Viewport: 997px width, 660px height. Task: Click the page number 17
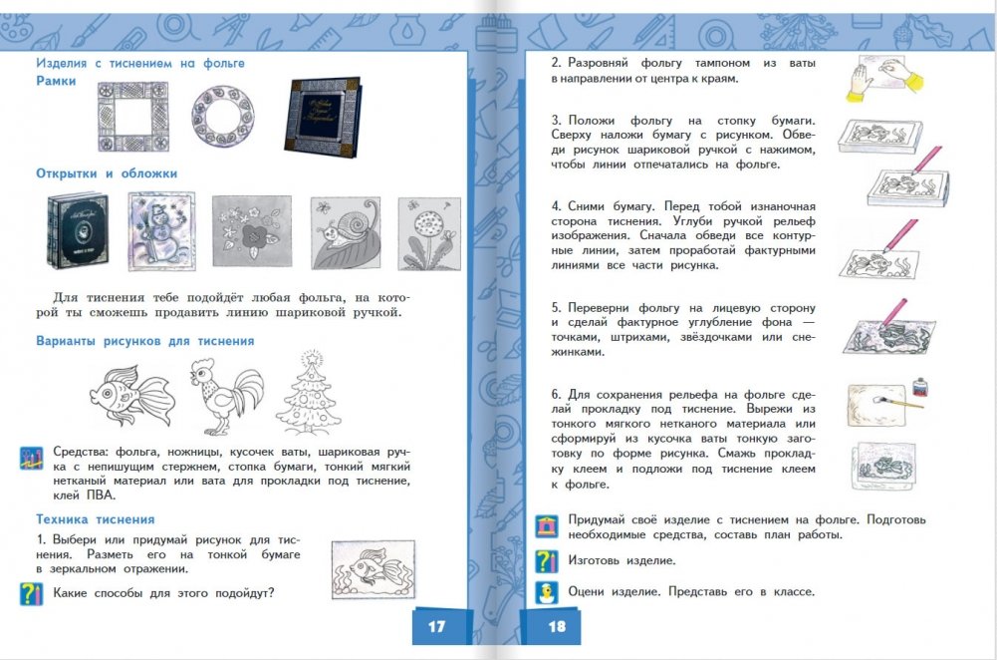coord(436,626)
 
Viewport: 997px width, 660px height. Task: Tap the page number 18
coord(557,626)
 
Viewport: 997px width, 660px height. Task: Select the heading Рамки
coord(56,81)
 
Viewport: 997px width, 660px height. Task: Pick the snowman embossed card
coord(162,231)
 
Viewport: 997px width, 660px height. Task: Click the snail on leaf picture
coord(346,233)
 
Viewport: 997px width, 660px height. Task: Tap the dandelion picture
coord(429,233)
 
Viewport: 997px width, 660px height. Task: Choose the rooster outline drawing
coord(226,396)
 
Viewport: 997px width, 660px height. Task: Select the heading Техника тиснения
coord(96,519)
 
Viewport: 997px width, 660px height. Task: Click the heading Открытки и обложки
coord(107,173)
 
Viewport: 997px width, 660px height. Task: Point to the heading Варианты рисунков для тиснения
coord(145,341)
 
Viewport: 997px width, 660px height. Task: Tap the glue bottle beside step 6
coord(919,388)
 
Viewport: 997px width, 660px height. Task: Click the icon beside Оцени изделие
coord(547,592)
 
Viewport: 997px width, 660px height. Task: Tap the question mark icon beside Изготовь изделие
coord(547,560)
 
